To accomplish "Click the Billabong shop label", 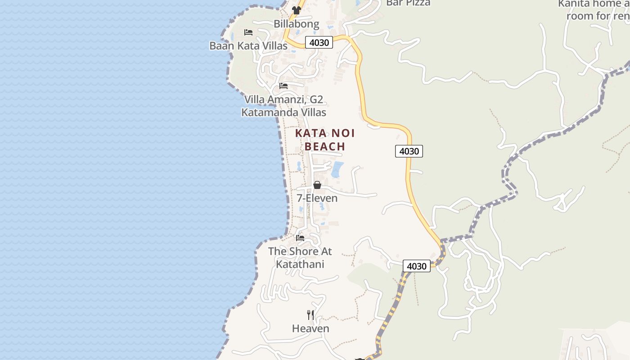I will (297, 24).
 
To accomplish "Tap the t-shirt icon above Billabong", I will (296, 10).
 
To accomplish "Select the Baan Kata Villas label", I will (248, 46).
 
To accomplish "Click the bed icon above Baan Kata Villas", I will (248, 32).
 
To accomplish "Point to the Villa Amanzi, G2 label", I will (283, 99).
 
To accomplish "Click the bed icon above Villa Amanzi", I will (283, 85).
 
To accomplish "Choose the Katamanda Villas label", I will (283, 112).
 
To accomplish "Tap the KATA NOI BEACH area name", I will (325, 139).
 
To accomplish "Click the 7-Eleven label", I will (317, 198).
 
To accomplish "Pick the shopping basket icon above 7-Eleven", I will (317, 185).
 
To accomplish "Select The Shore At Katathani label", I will (300, 257).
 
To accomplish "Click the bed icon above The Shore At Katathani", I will (300, 238).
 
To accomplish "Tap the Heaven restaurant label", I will (310, 328).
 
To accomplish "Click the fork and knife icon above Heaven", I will (310, 315).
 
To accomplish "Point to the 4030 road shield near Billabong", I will (319, 43).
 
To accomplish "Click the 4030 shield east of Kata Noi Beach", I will (409, 151).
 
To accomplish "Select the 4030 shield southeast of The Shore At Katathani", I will (416, 266).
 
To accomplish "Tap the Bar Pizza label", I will (408, 3).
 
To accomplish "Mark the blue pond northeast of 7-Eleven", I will (337, 169).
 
